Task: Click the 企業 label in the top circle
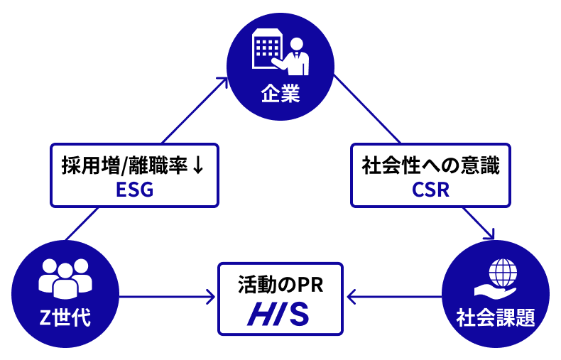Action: pos(280,93)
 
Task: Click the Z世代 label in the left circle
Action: pos(65,316)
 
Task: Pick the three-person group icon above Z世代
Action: pos(65,276)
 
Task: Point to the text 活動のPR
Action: pos(280,287)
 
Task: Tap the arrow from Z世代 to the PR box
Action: pos(167,297)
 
